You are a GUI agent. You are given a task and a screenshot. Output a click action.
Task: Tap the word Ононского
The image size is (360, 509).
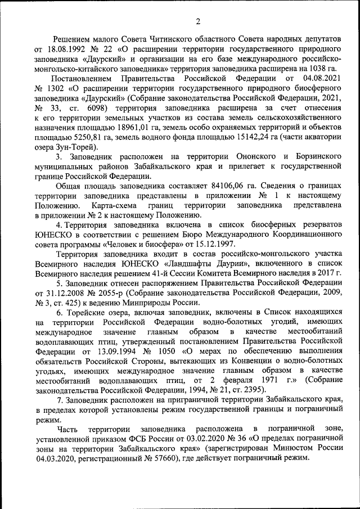click(x=251, y=156)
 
